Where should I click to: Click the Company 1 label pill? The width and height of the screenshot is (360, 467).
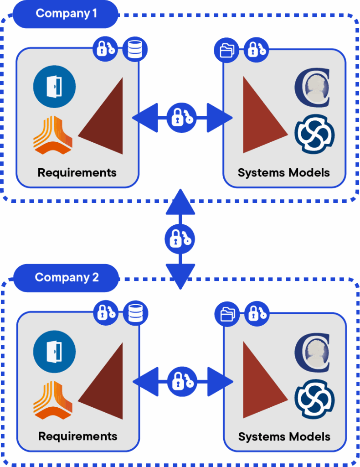66,14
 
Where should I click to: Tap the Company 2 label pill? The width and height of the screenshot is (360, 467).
66,278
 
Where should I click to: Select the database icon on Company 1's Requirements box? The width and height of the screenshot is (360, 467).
135,49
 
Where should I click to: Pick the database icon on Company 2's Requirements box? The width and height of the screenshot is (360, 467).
135,313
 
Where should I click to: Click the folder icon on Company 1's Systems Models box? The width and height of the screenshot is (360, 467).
226,50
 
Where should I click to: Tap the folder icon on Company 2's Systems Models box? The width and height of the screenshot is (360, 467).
227,314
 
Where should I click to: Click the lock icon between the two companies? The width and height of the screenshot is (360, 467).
180,239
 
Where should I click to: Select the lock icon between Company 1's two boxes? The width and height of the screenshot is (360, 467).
182,118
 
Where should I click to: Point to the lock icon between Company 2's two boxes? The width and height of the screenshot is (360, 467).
182,382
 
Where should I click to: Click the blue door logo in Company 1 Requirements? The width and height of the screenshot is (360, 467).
54,87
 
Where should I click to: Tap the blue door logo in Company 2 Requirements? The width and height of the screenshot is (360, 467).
54,352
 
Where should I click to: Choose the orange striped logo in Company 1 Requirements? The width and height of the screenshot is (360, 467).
53,135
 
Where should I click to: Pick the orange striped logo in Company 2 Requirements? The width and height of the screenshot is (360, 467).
53,400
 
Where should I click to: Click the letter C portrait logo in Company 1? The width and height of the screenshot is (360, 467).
313,87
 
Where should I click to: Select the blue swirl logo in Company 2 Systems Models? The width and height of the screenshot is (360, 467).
314,399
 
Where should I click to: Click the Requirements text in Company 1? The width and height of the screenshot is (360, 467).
77,173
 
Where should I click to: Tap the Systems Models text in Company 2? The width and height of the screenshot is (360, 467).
284,436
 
